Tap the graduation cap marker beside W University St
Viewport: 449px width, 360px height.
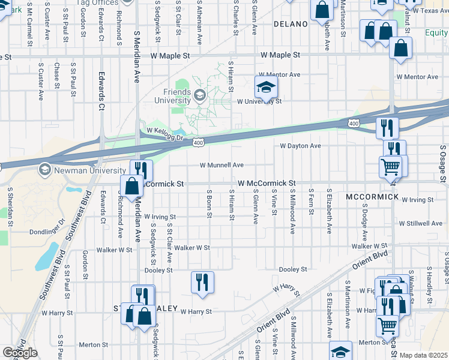tap(266, 88)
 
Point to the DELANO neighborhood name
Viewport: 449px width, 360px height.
tap(290, 25)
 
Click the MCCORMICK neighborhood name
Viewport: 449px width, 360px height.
tap(372, 197)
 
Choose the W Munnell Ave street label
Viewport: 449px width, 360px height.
tap(221, 165)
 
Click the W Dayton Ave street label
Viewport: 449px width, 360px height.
tap(300, 146)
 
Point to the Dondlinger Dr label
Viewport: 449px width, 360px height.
tap(62, 223)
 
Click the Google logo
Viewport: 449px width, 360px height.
tap(20, 353)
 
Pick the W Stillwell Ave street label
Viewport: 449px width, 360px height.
tap(421, 223)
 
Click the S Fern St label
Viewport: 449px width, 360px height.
tap(311, 205)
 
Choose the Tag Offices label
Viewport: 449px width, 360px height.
tap(97, 3)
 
